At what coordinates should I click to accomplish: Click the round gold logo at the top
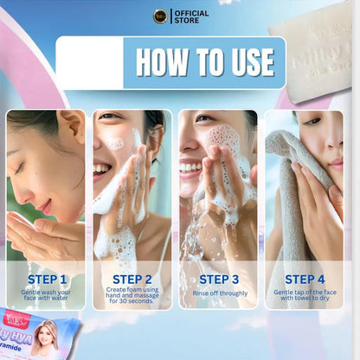pos(160,16)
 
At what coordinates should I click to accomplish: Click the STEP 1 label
pos(47,279)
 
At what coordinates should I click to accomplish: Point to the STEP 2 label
pos(132,279)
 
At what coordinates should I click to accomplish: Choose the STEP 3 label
pos(219,279)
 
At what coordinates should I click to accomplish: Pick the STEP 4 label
pos(305,279)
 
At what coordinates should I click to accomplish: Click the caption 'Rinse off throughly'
pos(219,294)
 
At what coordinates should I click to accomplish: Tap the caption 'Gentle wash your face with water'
pos(47,297)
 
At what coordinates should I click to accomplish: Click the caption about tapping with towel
pos(305,297)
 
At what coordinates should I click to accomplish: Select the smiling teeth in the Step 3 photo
pos(190,166)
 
